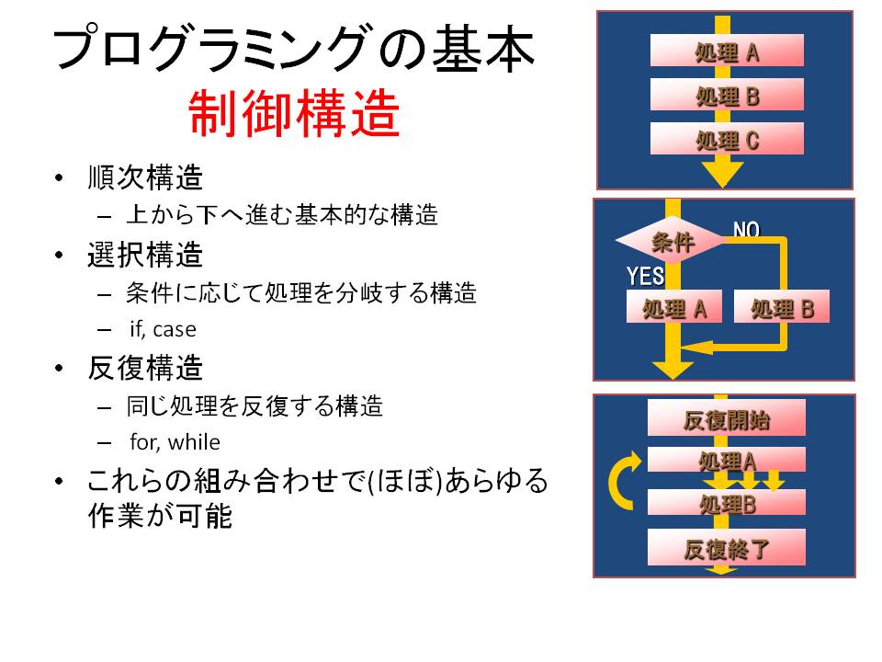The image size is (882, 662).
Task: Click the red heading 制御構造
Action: tap(294, 114)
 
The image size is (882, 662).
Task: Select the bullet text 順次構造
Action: tap(145, 177)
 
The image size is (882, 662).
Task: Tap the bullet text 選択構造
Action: tap(145, 255)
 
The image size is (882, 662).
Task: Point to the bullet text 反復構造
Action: tap(145, 368)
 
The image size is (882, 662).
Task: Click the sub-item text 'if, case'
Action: tap(164, 329)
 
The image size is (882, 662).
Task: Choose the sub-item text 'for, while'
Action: tap(175, 442)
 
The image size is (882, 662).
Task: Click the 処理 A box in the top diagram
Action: tap(727, 51)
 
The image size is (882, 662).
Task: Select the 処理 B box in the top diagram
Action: tap(727, 94)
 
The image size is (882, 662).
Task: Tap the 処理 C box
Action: tap(727, 139)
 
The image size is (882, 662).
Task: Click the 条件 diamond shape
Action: tap(673, 240)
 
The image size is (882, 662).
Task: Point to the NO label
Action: tap(746, 229)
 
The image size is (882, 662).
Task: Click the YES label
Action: tap(645, 276)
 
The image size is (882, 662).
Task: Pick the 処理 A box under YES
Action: tap(673, 307)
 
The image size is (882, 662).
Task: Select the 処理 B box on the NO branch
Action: tap(782, 307)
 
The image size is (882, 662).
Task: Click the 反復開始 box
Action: tap(726, 417)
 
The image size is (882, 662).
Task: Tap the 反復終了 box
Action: tap(726, 547)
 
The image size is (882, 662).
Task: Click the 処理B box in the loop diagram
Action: tap(726, 503)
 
